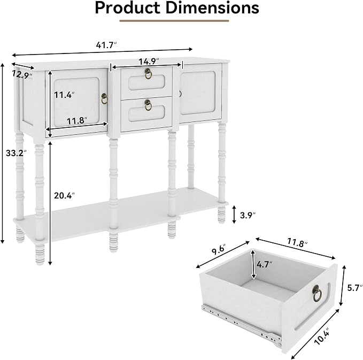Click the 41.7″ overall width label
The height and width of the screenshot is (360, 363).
pos(106,45)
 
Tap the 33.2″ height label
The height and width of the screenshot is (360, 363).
pos(16,153)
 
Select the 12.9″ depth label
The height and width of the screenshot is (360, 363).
pos(22,74)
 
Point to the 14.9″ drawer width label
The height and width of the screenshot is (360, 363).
pos(149,62)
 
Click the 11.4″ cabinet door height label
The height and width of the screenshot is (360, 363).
pos(64,95)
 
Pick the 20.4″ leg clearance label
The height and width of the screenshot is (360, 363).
pos(65,195)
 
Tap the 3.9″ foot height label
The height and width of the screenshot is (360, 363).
pos(248,215)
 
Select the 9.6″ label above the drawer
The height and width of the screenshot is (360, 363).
pos(219,250)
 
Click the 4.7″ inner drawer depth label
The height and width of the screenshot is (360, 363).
pos(265,264)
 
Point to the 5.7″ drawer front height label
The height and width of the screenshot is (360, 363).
pos(355,288)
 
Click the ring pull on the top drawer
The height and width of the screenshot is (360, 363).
pos(148,73)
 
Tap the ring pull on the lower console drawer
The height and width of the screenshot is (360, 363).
pos(148,105)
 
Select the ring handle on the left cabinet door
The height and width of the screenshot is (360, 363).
pos(105,99)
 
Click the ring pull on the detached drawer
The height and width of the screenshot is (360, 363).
pos(317,294)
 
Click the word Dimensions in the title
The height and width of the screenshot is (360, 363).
pos(212,8)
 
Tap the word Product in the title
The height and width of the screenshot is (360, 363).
pos(128,8)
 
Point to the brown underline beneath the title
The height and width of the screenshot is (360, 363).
pos(174,21)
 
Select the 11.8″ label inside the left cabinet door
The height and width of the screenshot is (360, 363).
pos(77,121)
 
